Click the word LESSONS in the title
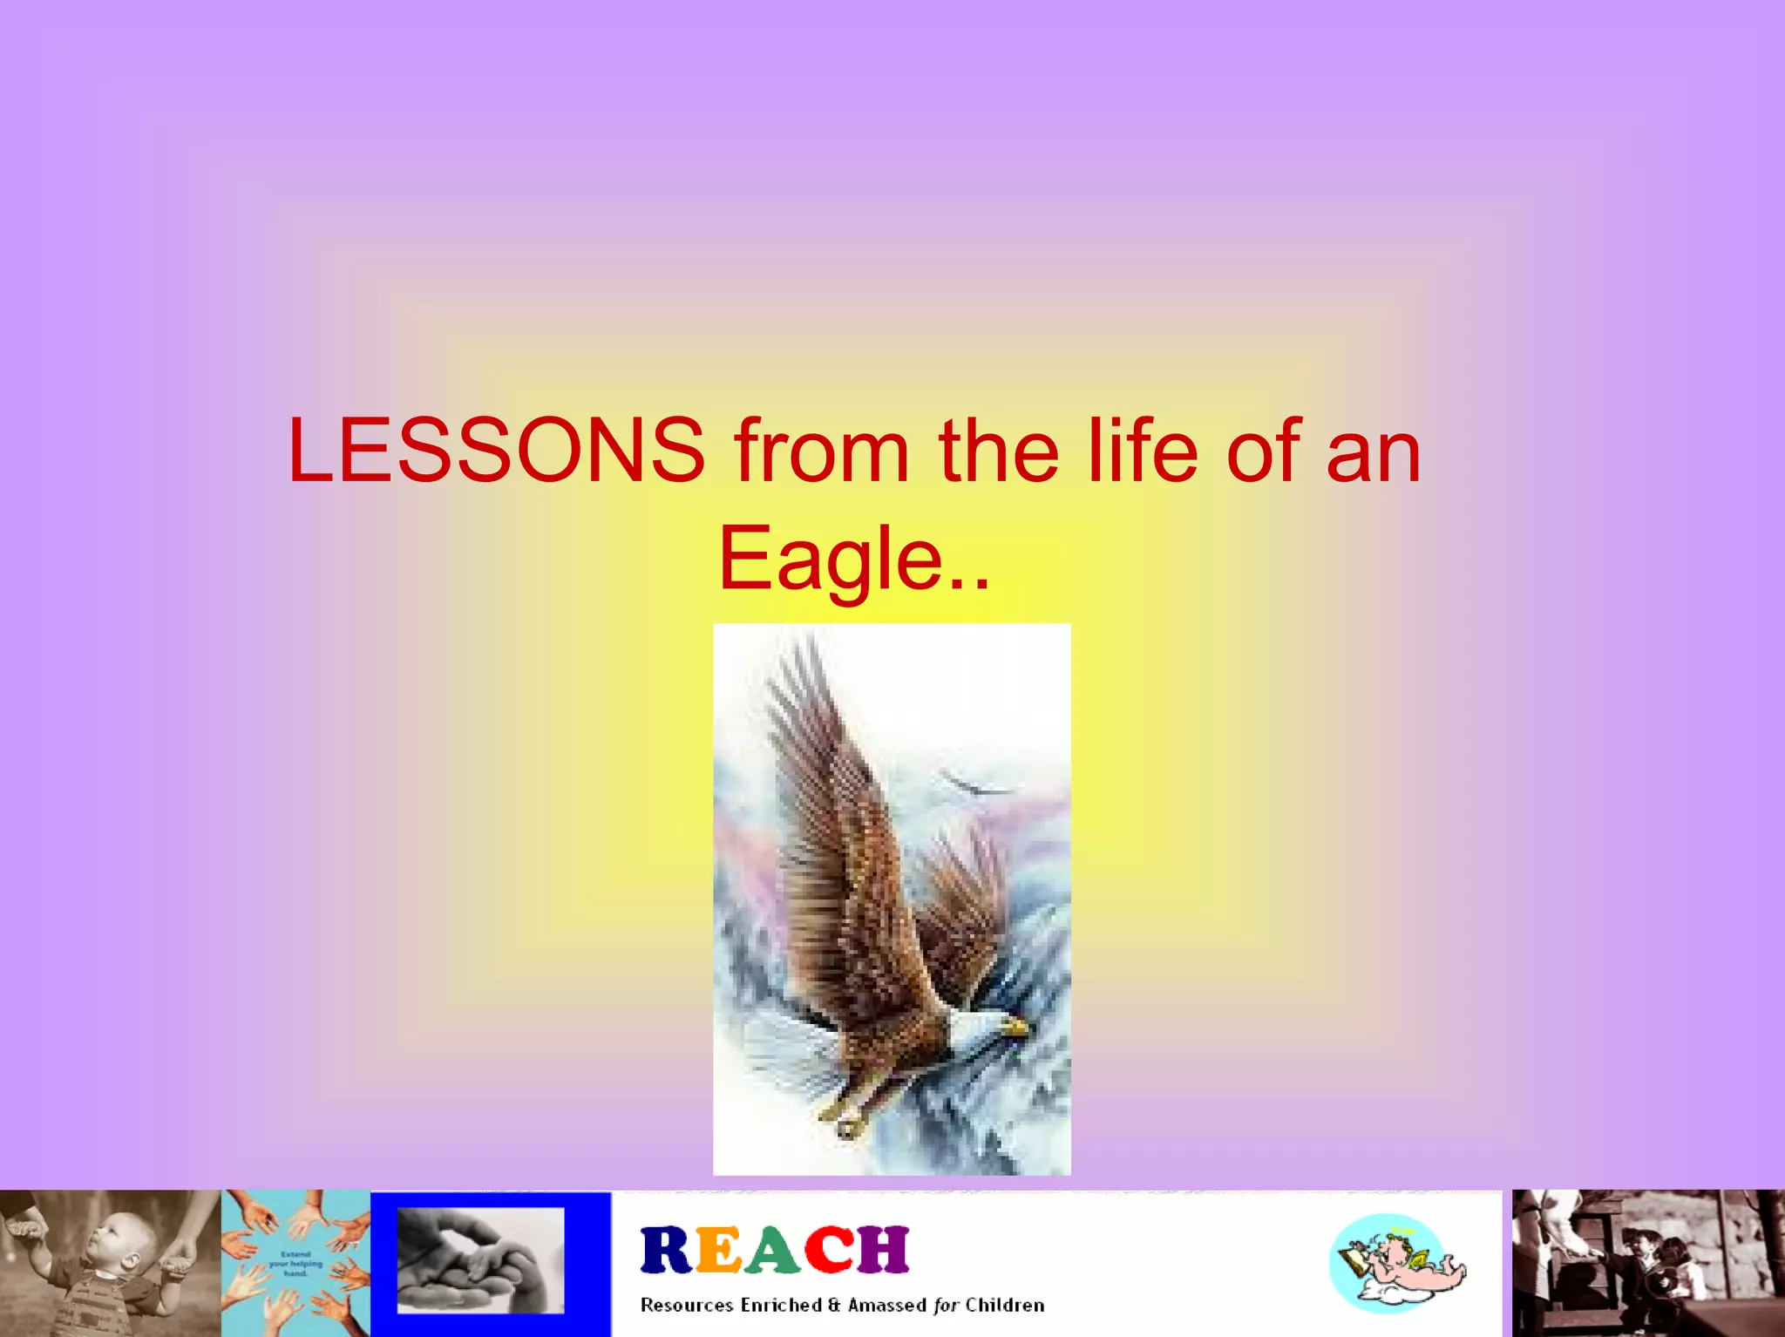[x=496, y=451]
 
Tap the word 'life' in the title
[x=1142, y=451]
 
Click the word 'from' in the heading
[x=821, y=451]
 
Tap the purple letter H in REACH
[x=882, y=1251]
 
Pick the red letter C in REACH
[x=828, y=1251]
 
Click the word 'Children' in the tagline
[x=1004, y=1305]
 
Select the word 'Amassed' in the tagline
[x=887, y=1305]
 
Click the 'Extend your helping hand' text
[x=295, y=1263]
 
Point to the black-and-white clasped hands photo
[x=480, y=1260]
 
